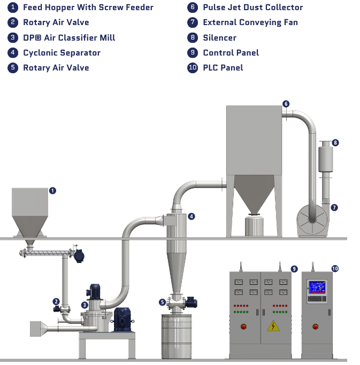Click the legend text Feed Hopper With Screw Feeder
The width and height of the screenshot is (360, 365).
(88, 7)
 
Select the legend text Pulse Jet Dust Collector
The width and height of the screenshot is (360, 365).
(252, 7)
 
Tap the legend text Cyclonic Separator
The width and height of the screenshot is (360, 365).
(62, 52)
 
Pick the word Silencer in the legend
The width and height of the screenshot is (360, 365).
(219, 37)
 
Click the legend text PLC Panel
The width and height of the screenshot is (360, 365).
(223, 67)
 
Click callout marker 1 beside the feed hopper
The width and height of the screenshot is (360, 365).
(52, 190)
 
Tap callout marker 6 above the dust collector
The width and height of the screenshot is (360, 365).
(286, 104)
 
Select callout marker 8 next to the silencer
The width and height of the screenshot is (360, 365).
(335, 143)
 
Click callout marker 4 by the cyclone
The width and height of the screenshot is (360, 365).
(191, 216)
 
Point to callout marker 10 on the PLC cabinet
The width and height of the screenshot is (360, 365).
(335, 269)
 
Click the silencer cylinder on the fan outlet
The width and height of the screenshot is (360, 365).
(325, 158)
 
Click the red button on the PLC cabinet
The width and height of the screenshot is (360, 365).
(316, 325)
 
